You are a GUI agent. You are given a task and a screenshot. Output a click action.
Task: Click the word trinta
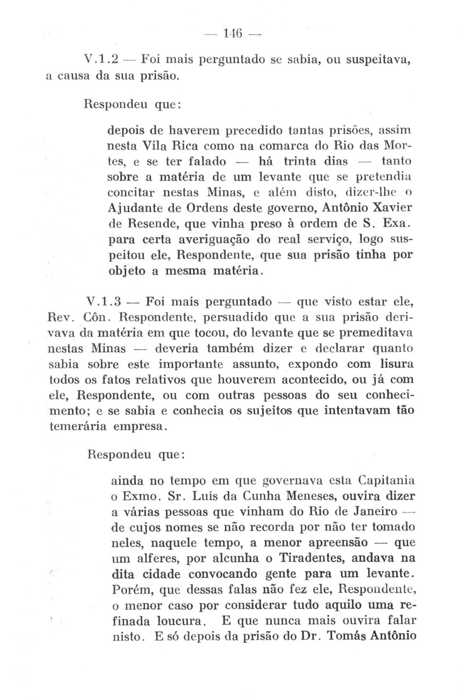298,161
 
